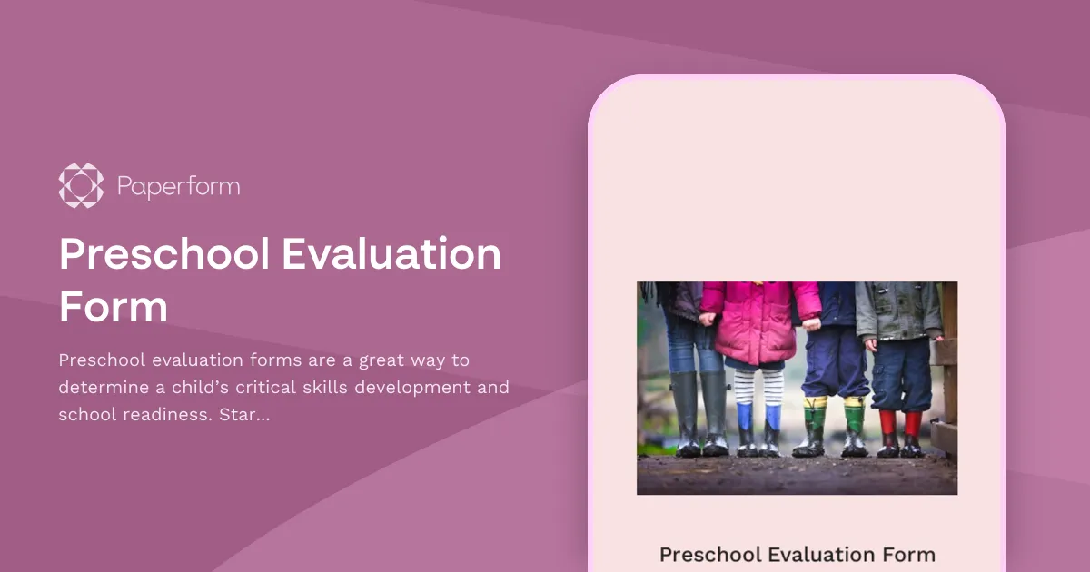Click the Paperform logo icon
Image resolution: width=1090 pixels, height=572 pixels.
pos(81,186)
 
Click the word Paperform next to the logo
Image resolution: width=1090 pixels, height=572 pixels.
pos(178,187)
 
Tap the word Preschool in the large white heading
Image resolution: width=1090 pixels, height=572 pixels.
pos(164,255)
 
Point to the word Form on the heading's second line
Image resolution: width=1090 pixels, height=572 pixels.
pos(114,307)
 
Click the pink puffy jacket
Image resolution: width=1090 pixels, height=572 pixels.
pos(759,322)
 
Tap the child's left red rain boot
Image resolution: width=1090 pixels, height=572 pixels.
pos(887,432)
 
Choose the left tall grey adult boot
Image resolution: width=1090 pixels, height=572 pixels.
pos(687,413)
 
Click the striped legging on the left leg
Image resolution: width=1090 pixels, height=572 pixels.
pos(746,386)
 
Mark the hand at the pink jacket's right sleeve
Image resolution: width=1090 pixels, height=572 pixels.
pos(812,323)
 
